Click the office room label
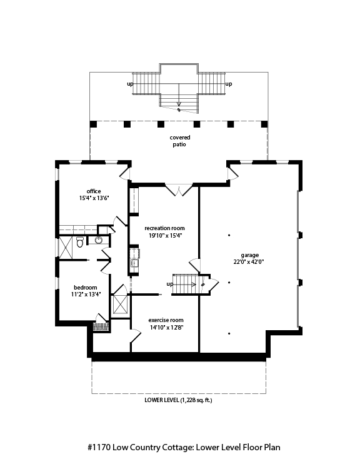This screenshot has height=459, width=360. point(94,191)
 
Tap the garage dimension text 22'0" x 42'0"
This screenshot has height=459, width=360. point(249,262)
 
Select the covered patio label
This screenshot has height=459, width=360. point(180,141)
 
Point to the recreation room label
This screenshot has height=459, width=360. point(164,228)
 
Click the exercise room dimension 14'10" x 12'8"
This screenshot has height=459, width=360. point(166,328)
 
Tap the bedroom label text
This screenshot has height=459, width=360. point(86,288)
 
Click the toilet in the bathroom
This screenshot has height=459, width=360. point(80,243)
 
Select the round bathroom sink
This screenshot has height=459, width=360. point(99,240)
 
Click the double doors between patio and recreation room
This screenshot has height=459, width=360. point(179,189)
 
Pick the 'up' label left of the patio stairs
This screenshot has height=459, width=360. point(130,84)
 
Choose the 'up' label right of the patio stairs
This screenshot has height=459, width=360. point(229,84)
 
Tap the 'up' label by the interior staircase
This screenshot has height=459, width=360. point(170,284)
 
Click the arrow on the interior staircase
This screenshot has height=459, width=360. point(184,285)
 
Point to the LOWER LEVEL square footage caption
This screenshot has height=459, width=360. point(178,400)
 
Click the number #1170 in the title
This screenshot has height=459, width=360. point(99,447)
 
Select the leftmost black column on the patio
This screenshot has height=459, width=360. point(93,124)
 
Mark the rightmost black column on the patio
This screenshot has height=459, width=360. point(264,124)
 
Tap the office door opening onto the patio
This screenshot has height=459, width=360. point(124,173)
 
